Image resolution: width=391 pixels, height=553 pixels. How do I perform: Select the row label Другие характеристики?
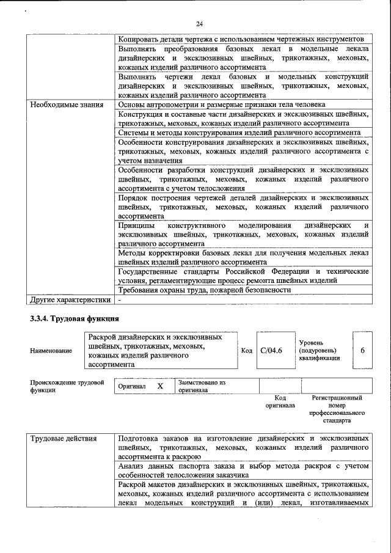point(70,299)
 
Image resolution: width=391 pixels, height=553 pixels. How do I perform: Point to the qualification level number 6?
point(363,351)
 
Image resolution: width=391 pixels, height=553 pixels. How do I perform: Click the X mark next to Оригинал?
point(160,387)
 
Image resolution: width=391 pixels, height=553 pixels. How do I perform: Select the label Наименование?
point(51,351)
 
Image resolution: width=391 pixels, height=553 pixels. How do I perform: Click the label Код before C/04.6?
point(246,351)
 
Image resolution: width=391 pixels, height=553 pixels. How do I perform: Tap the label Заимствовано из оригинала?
point(202,386)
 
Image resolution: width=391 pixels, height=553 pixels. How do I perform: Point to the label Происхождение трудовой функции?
point(67,386)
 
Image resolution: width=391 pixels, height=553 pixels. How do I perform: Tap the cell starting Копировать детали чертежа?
point(241,38)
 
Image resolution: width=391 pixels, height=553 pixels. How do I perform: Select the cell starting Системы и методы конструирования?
point(239,133)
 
